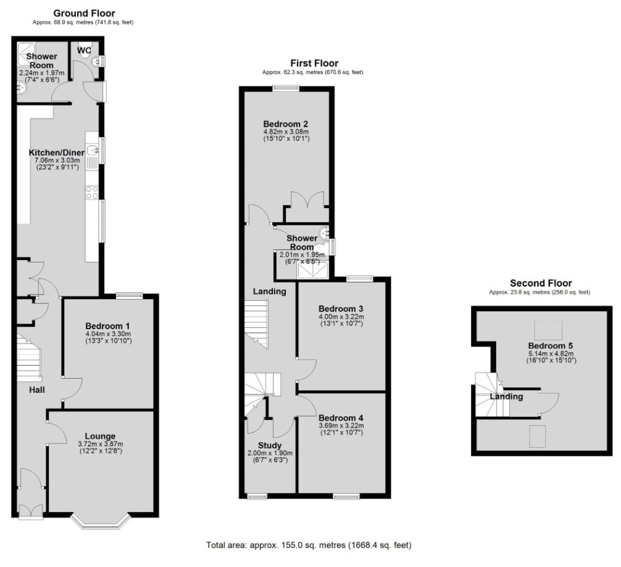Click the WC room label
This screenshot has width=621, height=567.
[85, 49]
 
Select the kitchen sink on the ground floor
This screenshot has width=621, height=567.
[93, 150]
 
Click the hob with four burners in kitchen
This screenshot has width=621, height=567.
[92, 192]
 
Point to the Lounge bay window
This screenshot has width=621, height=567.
[101, 523]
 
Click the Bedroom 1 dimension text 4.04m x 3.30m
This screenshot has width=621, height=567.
[107, 334]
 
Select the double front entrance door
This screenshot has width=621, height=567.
[30, 511]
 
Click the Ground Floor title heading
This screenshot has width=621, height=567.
[83, 13]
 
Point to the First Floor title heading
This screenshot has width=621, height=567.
[314, 63]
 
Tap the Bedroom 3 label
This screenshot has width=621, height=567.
[340, 309]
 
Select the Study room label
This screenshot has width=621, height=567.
[270, 445]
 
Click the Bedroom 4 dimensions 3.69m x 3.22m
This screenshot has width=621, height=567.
[341, 426]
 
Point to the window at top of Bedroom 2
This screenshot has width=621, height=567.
[286, 88]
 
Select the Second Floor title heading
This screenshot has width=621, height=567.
[540, 283]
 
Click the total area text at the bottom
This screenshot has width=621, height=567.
[309, 545]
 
